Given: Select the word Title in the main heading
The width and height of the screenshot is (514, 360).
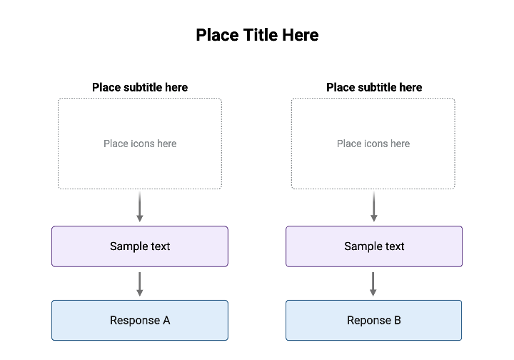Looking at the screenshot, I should [x=260, y=35].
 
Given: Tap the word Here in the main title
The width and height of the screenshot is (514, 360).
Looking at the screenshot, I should [x=301, y=35].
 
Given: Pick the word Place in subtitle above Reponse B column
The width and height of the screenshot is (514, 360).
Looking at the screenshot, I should [x=341, y=87].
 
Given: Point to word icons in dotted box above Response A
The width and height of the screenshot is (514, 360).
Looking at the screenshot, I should [x=143, y=144].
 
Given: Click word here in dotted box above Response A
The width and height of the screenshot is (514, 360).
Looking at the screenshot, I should [x=166, y=144].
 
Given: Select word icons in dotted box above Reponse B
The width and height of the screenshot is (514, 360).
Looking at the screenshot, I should [x=377, y=144].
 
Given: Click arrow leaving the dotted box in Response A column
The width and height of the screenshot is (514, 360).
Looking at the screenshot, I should [x=140, y=206].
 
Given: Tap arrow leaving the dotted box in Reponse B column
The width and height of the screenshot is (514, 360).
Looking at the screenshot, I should [x=373, y=206].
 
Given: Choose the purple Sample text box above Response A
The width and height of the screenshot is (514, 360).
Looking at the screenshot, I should [x=140, y=246].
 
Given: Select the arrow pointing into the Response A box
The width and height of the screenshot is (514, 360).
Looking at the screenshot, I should [x=140, y=284].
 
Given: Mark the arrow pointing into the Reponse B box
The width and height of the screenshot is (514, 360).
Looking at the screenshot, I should [x=373, y=284].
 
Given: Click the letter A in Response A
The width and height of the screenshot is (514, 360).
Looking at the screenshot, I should [x=166, y=321].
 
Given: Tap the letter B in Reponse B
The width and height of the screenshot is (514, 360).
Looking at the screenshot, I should [x=398, y=321].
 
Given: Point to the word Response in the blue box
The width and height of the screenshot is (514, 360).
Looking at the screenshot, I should [x=135, y=321].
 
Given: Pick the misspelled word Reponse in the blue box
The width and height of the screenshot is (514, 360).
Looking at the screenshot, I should [x=368, y=321].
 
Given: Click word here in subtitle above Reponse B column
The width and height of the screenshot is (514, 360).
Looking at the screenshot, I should [x=411, y=87].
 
